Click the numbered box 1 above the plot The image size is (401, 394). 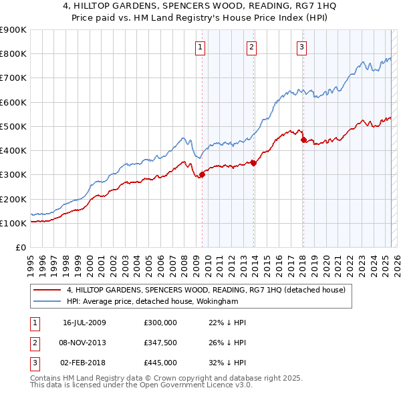pos(201,47)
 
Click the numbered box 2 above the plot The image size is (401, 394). pos(251,47)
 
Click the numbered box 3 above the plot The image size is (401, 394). pos(302,47)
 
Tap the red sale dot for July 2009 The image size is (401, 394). pos(202,175)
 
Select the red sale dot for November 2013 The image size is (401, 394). pos(254,162)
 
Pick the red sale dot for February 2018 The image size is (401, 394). pos(303,140)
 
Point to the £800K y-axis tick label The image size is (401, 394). pos(13,54)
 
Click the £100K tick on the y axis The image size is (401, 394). pos(13,223)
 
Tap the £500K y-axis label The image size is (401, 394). pos(13,126)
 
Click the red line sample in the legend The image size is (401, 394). pos(47,290)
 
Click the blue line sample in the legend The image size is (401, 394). pos(47,302)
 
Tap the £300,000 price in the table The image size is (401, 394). pos(160,323)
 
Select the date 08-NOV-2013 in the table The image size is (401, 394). pos(84,343)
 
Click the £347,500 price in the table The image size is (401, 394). pos(160,343)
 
